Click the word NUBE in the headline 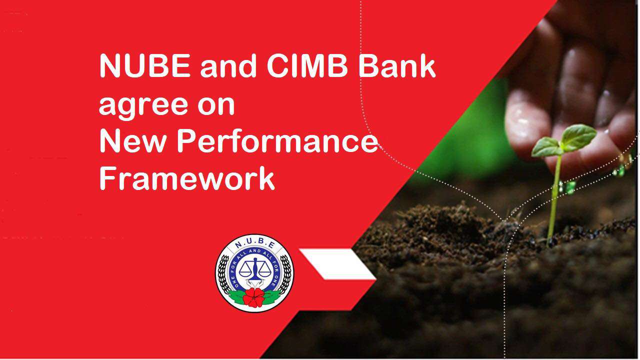[x=145, y=65]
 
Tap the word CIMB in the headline [x=307, y=65]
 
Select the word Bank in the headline [x=397, y=65]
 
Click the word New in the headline [x=133, y=141]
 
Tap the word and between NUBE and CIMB [x=228, y=65]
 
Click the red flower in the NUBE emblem [x=254, y=297]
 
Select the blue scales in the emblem [x=254, y=269]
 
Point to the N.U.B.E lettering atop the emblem [x=255, y=244]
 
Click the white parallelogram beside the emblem [x=337, y=264]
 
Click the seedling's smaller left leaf [x=547, y=147]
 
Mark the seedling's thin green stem [x=554, y=197]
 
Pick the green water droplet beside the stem [x=570, y=187]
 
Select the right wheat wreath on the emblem [x=285, y=275]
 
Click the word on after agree [x=216, y=105]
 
